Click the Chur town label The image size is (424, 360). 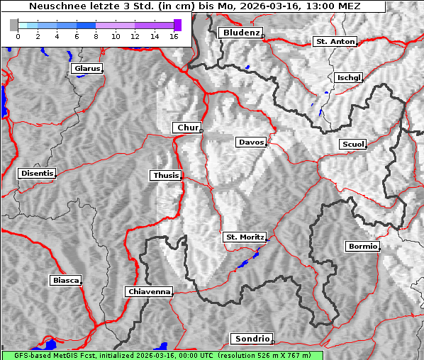point(188,128)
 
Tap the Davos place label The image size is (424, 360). point(251,142)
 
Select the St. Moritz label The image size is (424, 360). point(245,237)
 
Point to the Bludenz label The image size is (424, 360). point(240,33)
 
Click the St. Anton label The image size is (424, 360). point(335,42)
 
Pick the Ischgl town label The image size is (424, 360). point(350,77)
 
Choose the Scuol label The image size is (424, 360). point(352,144)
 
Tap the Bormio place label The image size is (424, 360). point(362,247)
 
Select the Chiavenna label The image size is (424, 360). point(149,291)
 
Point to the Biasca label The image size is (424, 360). point(65,281)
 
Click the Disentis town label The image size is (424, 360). point(37,173)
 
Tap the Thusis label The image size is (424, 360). point(166,175)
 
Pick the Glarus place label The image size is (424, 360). point(86,69)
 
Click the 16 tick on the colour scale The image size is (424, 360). point(173,36)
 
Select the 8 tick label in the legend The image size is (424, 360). point(95,36)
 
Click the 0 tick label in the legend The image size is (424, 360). point(17,36)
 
